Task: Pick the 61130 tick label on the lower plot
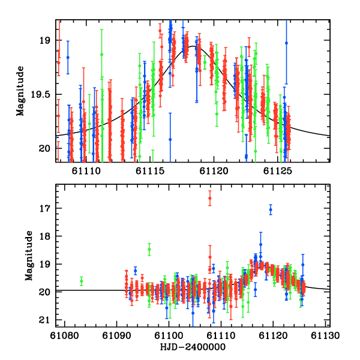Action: (327, 336)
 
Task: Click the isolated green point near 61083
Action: (82, 280)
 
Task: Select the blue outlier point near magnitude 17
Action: (271, 209)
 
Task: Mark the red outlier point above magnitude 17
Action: (209, 198)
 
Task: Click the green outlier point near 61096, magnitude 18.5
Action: (149, 249)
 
